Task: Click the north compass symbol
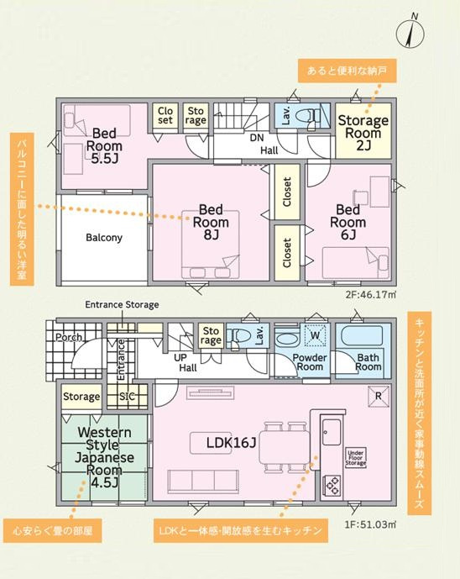410,33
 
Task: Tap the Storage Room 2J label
363,133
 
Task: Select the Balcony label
103,238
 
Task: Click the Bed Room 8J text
211,222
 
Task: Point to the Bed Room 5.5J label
104,145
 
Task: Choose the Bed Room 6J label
348,222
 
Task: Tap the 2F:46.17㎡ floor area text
371,295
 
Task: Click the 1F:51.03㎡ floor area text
371,524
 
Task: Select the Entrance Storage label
122,305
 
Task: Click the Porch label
69,338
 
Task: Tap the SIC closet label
127,397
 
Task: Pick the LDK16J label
231,443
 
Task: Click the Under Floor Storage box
356,458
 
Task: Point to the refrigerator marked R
379,397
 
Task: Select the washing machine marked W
315,335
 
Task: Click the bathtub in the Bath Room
363,335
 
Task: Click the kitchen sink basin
332,432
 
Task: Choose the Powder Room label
310,362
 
